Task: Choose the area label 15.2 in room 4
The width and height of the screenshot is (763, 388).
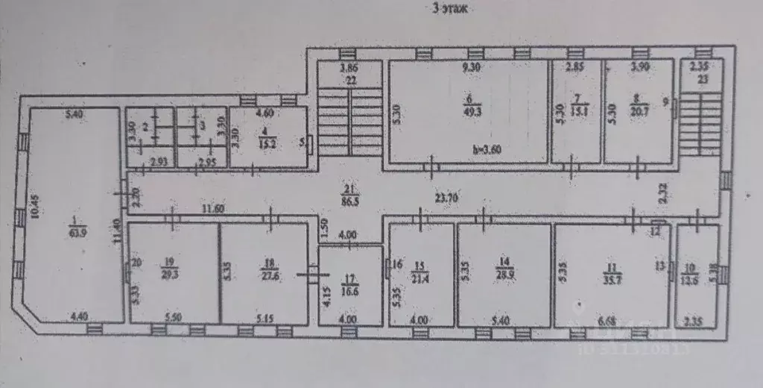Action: [265, 143]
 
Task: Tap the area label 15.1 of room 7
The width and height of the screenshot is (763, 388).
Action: [577, 112]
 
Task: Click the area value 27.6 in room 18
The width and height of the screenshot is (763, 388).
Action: [266, 275]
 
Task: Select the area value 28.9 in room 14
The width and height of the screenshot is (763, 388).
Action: [505, 275]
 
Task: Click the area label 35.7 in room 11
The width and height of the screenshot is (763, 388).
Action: [612, 275]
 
